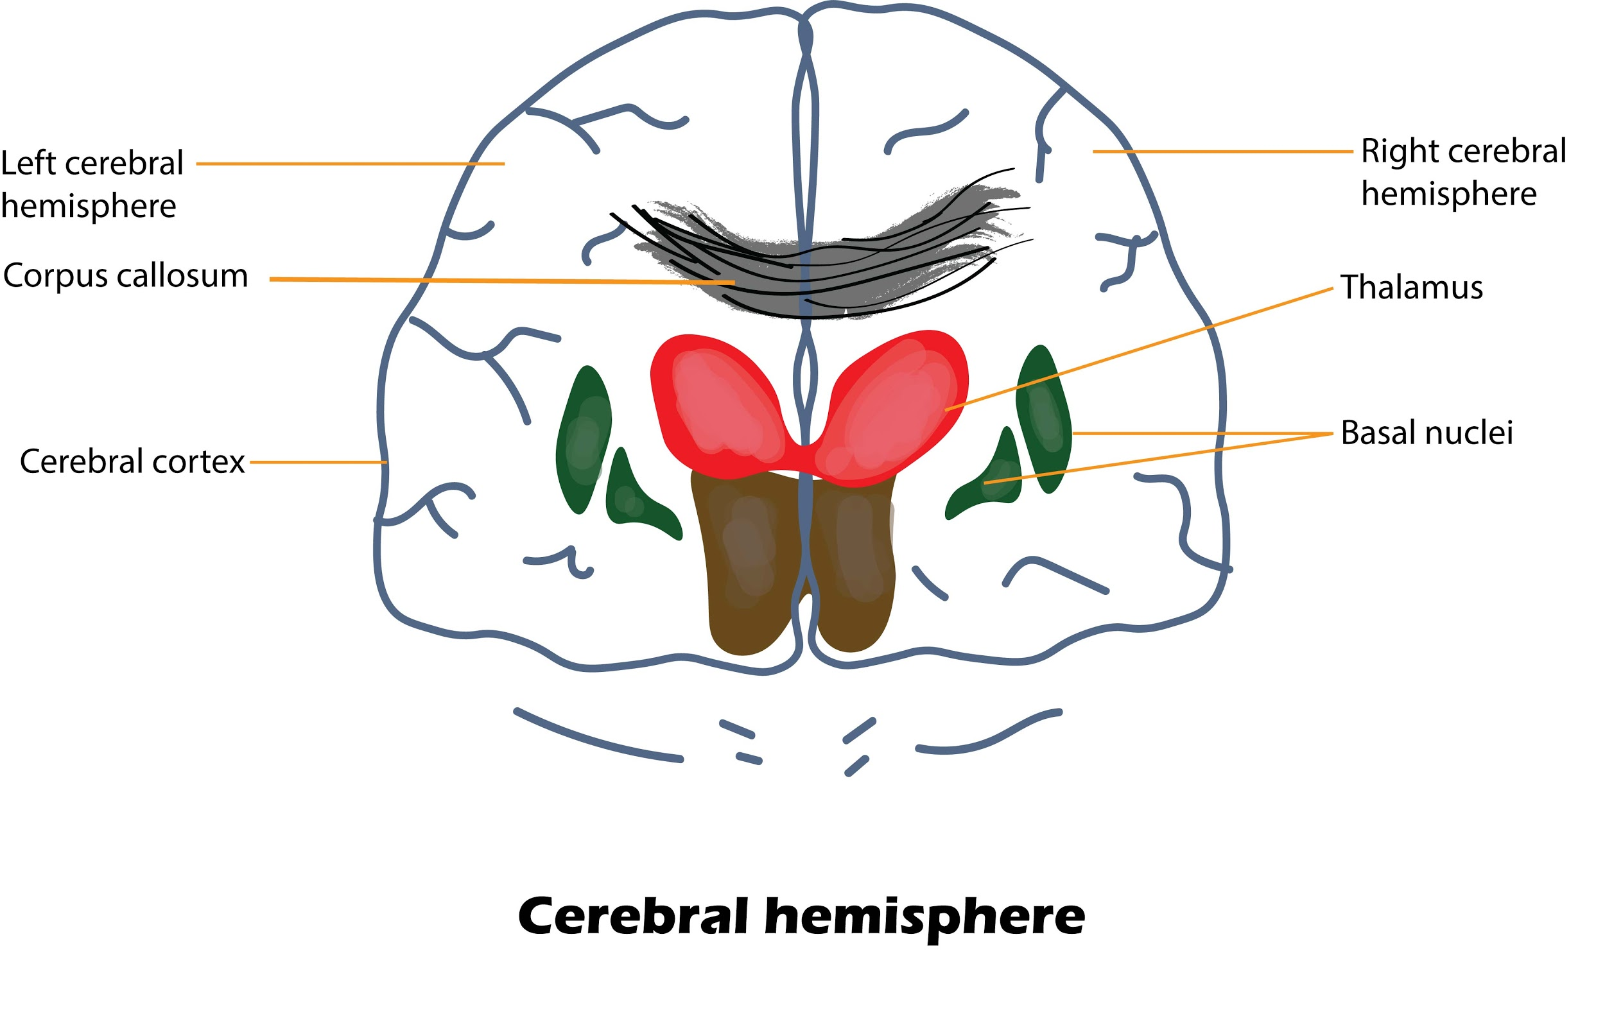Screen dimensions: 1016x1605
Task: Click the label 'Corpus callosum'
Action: pos(125,276)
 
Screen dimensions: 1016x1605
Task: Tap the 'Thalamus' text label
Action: pos(1412,288)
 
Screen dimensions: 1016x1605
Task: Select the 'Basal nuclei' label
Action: pos(1427,433)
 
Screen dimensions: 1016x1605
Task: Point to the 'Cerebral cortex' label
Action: pos(132,461)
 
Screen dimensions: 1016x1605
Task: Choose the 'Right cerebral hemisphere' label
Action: pos(1463,172)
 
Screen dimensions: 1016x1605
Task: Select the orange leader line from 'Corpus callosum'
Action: pos(500,280)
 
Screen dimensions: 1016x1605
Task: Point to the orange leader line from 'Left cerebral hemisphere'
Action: pos(350,163)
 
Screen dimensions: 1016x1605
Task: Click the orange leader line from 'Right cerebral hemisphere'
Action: pos(1223,151)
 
